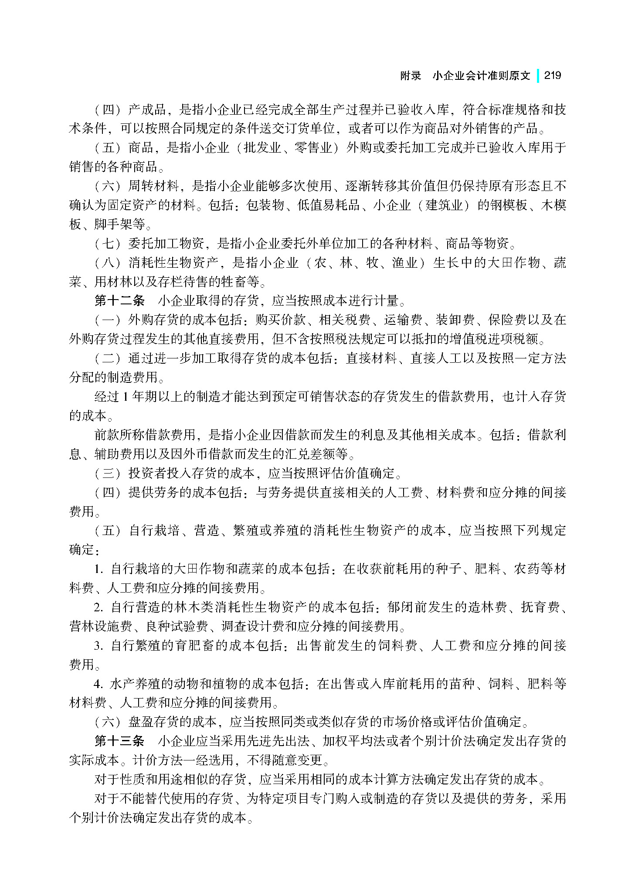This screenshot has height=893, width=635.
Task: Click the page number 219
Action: (552, 75)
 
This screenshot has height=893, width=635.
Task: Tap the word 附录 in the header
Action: (411, 76)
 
